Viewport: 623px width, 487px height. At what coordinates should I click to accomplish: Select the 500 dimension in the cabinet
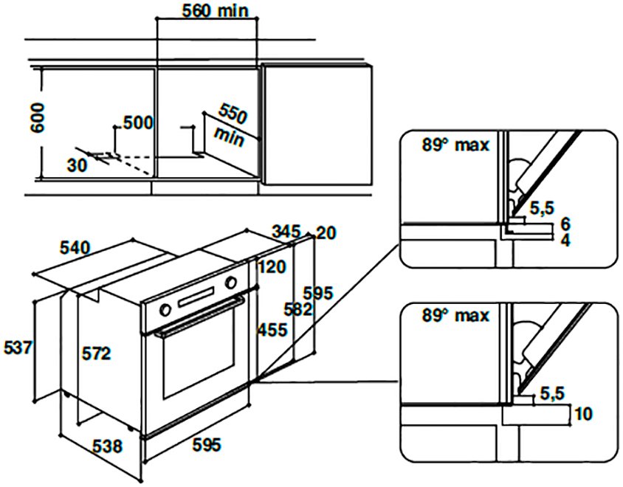pos(137,122)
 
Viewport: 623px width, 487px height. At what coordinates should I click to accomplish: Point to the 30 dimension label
pos(76,165)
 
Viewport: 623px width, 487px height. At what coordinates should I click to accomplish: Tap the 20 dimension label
pos(326,233)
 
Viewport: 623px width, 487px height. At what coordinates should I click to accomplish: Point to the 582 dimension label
pos(299,310)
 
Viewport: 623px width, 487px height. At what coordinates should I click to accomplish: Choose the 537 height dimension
pos(17,346)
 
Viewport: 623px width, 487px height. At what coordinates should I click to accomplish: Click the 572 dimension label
pos(96,354)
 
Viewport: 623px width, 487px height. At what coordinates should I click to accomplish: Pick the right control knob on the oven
pos(232,283)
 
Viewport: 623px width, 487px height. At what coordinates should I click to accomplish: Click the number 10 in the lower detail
pos(582,413)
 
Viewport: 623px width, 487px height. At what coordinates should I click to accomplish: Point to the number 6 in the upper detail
pos(565,224)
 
